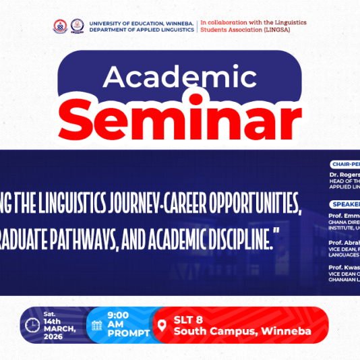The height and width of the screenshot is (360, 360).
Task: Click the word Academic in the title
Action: point(179,78)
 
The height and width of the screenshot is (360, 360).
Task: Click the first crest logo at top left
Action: point(61,26)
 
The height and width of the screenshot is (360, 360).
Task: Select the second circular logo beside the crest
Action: point(78,26)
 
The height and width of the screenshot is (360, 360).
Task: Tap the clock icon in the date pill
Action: point(32,325)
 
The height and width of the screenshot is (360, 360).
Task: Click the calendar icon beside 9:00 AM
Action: point(96,326)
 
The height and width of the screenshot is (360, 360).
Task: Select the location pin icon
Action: point(161,326)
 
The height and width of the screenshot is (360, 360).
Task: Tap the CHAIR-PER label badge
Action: point(344,164)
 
